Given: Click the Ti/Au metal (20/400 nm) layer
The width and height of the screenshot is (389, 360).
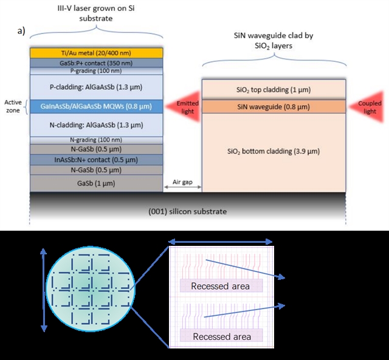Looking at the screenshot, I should tap(96, 53).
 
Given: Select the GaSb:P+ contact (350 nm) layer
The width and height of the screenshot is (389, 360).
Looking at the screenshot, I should tap(96, 62).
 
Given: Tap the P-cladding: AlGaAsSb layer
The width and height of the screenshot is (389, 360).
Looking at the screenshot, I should tap(96, 86).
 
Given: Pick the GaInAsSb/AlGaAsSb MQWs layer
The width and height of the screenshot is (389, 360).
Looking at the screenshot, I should tap(96, 106).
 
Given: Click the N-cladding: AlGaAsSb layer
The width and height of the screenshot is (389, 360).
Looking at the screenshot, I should tap(96, 124).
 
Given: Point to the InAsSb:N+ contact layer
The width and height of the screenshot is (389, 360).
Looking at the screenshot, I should tap(96, 159).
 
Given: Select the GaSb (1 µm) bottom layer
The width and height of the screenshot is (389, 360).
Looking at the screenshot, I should tap(96, 183).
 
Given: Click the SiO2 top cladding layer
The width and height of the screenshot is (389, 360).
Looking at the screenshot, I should tap(274, 90).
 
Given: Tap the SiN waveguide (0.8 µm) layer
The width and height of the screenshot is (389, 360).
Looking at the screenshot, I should tap(274, 107).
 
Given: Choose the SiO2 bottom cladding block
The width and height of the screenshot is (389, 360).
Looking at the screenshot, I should tap(274, 151).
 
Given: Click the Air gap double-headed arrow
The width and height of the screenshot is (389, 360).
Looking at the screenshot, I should tap(183, 189).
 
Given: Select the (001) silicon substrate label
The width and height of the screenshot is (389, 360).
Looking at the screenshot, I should tap(188, 211).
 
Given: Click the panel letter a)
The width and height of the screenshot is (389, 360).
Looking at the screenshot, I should tap(20, 32).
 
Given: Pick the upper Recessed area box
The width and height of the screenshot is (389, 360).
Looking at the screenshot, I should tap(219, 286).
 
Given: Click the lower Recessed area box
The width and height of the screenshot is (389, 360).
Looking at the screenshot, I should tap(219, 336).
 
